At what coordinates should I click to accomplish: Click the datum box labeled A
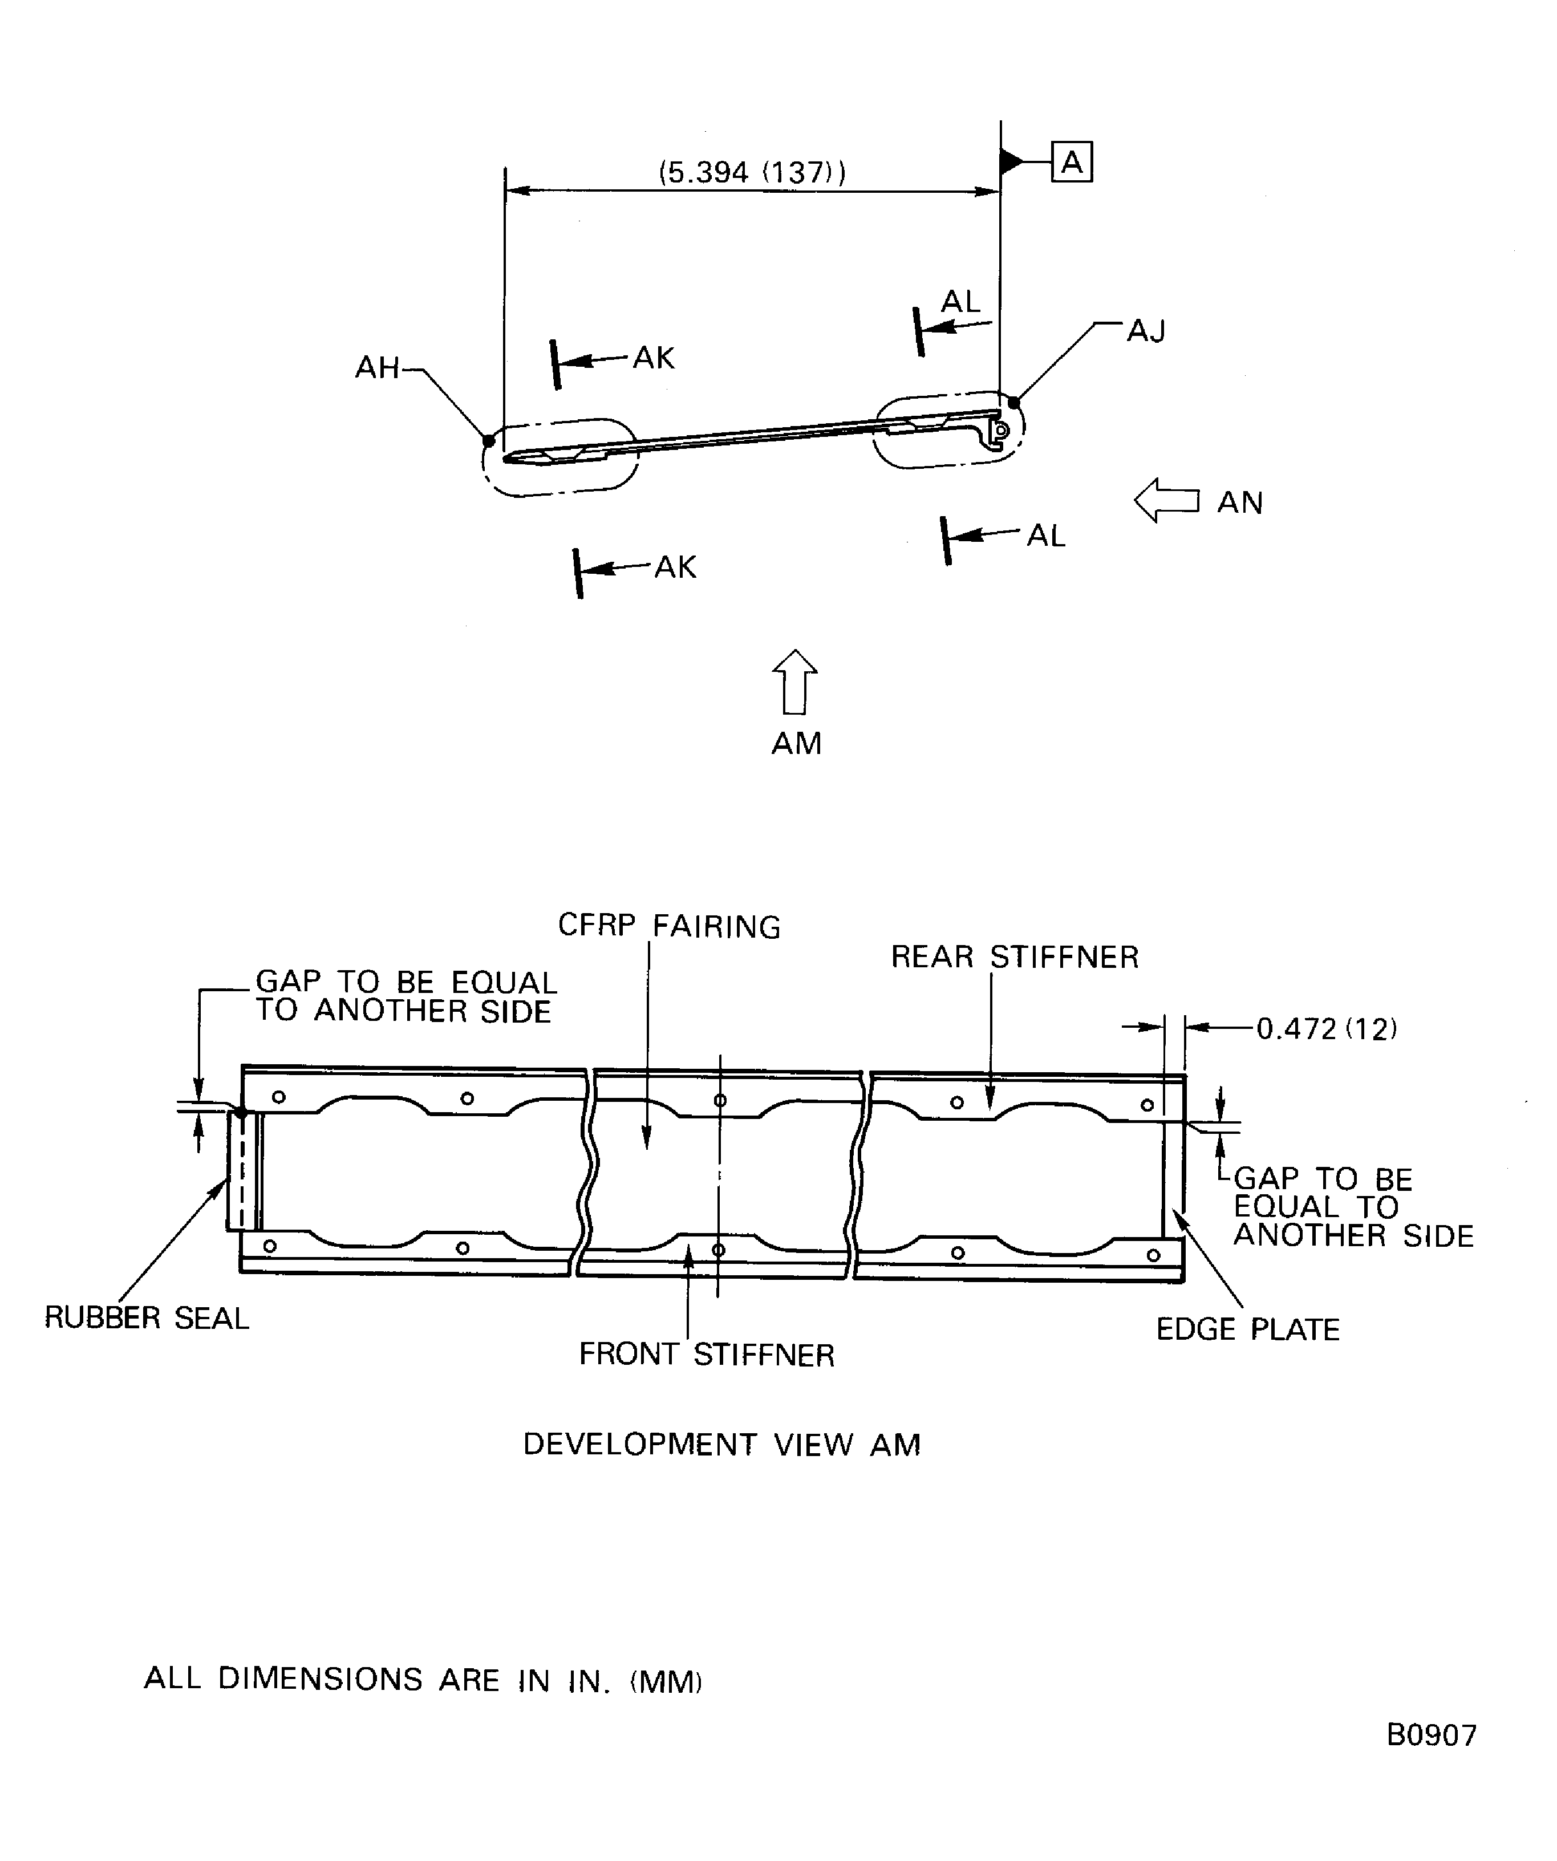coord(1072,162)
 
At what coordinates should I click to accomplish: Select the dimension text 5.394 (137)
coord(752,171)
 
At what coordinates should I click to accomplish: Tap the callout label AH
coord(378,367)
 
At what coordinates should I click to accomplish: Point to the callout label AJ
coord(1146,331)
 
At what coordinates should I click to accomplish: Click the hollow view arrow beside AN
coord(1166,501)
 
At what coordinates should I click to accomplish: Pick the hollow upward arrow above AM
coord(795,682)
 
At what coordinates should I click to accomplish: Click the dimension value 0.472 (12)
coord(1327,1029)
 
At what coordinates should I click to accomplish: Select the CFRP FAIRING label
coord(669,926)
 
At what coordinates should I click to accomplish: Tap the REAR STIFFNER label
coord(1015,957)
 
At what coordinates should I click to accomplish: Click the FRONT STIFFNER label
coord(706,1355)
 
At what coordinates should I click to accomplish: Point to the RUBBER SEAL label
coord(147,1319)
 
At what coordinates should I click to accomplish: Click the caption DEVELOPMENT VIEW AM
coord(721,1445)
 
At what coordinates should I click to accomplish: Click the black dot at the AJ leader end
coord(1015,402)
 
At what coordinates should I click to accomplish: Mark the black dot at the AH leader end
coord(488,440)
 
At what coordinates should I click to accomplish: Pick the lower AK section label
coord(675,567)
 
